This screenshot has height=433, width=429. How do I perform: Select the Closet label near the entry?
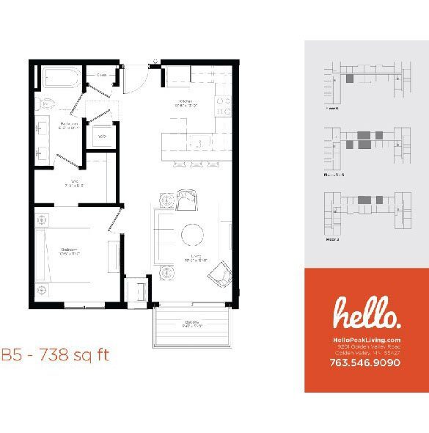(101, 75)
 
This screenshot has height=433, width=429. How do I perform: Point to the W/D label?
(102, 137)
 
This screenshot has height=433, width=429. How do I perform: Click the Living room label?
(192, 258)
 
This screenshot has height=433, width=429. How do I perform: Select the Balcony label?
(193, 323)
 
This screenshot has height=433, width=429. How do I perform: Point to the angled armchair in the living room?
(219, 276)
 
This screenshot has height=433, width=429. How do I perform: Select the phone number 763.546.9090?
(365, 362)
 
